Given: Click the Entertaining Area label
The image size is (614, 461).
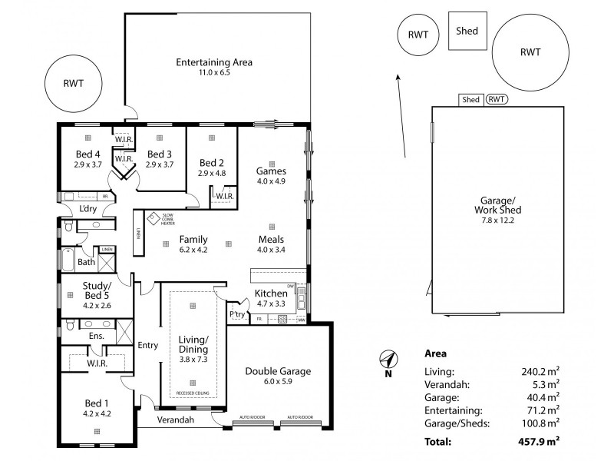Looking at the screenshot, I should (214, 62).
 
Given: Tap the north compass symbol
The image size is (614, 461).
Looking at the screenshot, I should (388, 359).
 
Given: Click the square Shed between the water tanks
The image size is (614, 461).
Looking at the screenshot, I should (467, 32).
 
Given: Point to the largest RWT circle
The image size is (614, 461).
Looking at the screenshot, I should (530, 52).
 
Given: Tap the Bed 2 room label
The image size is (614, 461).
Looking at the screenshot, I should (211, 163).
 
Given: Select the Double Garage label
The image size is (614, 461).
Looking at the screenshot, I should (278, 371).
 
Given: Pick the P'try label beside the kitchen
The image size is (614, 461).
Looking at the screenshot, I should (236, 315).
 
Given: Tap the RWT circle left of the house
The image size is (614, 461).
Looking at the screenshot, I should (74, 84).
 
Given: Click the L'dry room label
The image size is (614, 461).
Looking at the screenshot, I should (87, 208).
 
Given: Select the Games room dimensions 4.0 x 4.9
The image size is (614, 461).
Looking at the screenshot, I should (271, 181).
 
